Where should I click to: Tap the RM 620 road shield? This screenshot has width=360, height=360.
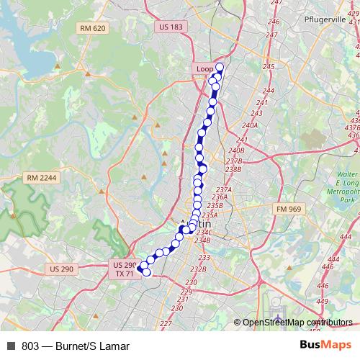[x=94, y=28]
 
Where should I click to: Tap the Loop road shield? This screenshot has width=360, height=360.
[x=205, y=68]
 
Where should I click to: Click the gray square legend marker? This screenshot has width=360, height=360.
[x=11, y=346]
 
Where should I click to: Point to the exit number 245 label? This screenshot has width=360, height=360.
[x=269, y=66]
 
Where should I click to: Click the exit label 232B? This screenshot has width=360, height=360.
[x=198, y=269]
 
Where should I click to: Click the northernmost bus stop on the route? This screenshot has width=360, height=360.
[x=220, y=68]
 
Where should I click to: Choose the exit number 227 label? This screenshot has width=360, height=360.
[x=166, y=324]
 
